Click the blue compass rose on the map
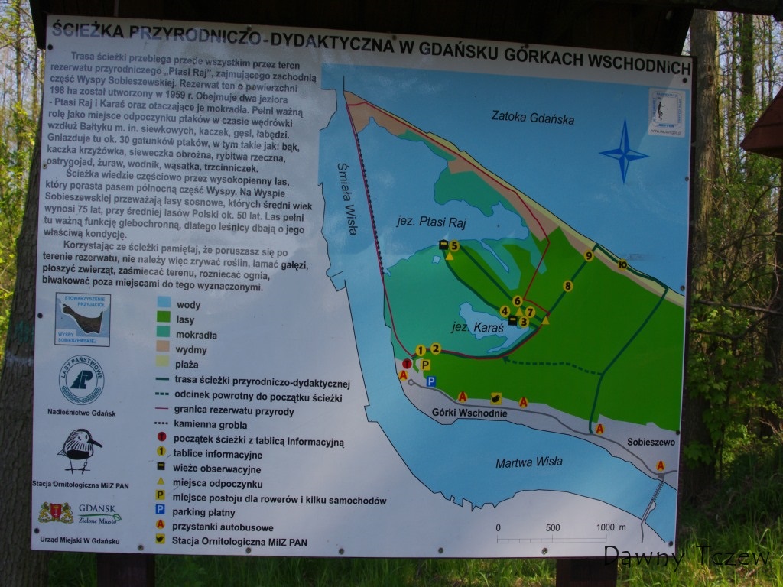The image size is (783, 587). [x=624, y=151]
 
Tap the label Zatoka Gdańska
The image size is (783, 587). [x=533, y=118]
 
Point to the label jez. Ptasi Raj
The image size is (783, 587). [x=431, y=222]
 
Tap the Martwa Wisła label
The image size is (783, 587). [x=528, y=462]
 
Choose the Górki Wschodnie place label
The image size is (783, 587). [x=459, y=413]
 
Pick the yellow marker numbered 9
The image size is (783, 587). [x=588, y=256]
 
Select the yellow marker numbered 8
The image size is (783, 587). [x=567, y=286]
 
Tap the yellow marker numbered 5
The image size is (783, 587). [x=454, y=245]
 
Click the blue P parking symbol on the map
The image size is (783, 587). [x=431, y=381]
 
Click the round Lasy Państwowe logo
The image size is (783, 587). [x=82, y=380]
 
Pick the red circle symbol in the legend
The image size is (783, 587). [x=161, y=437]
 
